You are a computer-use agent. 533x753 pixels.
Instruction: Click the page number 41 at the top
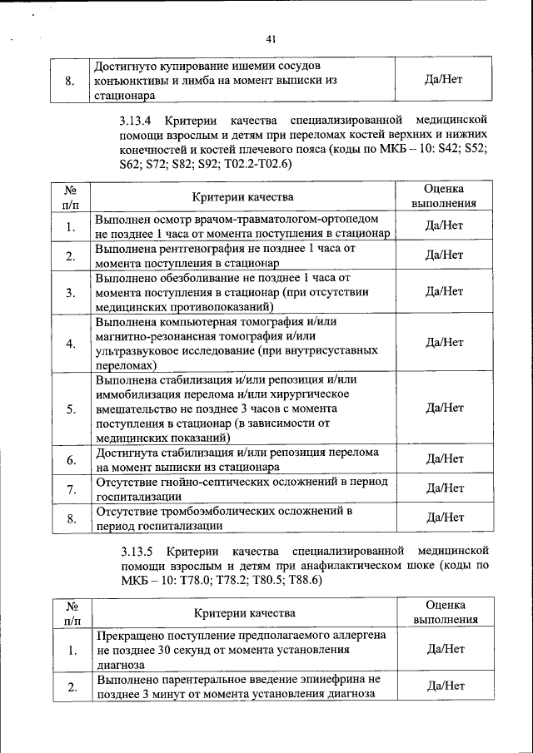[271, 38]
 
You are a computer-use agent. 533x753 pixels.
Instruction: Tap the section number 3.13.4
[137, 117]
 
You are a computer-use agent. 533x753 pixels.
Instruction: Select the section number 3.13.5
[137, 552]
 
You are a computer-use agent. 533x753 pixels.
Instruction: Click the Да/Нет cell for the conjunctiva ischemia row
[444, 80]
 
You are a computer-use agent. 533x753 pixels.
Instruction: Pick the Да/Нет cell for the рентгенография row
[444, 255]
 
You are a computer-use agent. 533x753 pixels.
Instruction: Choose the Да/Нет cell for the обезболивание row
[444, 290]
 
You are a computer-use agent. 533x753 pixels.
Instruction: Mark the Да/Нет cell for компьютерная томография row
[444, 342]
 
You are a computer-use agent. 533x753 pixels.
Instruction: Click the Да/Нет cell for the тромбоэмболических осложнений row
[444, 517]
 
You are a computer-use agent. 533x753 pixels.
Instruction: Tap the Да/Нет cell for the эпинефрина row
[444, 686]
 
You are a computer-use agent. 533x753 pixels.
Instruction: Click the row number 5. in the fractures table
[71, 409]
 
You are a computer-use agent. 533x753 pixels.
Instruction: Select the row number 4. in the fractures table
[71, 343]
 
